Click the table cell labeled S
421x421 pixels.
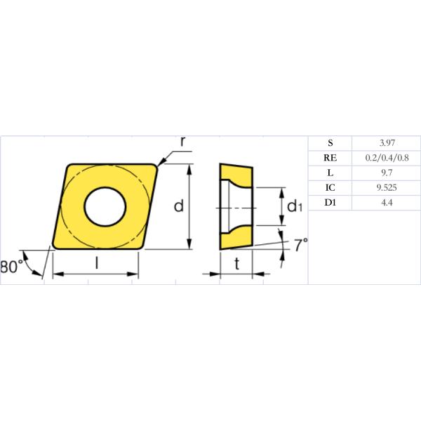tap(330, 142)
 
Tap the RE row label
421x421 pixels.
tap(330, 158)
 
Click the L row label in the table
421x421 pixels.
tap(330, 173)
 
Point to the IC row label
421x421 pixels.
tap(330, 188)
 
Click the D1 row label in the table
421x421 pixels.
tap(330, 203)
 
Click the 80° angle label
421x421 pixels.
tap(11, 267)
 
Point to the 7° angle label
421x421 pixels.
tap(300, 245)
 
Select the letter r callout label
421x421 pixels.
tap(182, 141)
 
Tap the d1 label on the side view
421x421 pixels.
tap(295, 206)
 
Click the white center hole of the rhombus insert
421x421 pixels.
tap(105, 206)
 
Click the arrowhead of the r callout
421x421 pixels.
tap(160, 166)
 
